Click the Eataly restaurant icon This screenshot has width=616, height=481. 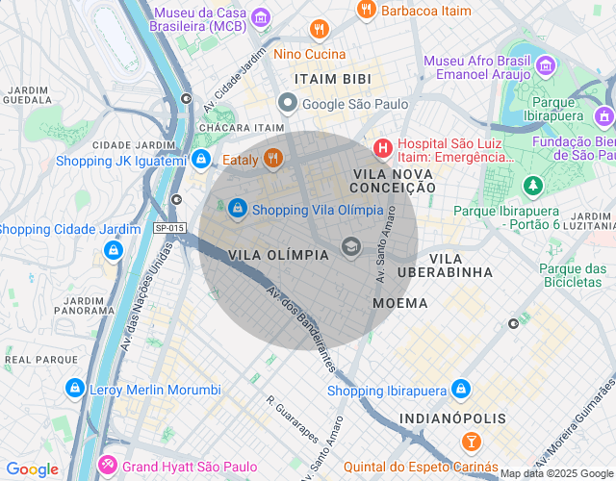tap(273, 159)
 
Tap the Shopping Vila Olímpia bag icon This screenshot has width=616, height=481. tap(238, 209)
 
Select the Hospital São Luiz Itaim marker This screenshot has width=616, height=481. tap(382, 148)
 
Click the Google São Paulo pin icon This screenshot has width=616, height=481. tap(287, 103)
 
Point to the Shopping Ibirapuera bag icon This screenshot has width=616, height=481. tap(461, 390)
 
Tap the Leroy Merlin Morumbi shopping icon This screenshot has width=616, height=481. tap(74, 389)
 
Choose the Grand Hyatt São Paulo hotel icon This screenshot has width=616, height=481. tap(108, 466)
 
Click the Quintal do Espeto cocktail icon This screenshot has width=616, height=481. tap(471, 442)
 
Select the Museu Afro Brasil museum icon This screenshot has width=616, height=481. tap(547, 66)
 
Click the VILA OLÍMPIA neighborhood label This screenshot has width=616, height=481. tap(279, 255)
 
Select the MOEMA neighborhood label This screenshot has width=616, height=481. tap(399, 303)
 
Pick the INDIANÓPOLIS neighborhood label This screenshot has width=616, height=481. tap(452, 418)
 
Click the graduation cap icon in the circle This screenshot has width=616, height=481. tap(351, 247)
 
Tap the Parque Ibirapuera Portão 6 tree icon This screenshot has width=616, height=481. tap(531, 184)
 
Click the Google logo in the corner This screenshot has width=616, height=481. tap(32, 469)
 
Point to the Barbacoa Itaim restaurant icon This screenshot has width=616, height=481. tap(366, 11)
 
